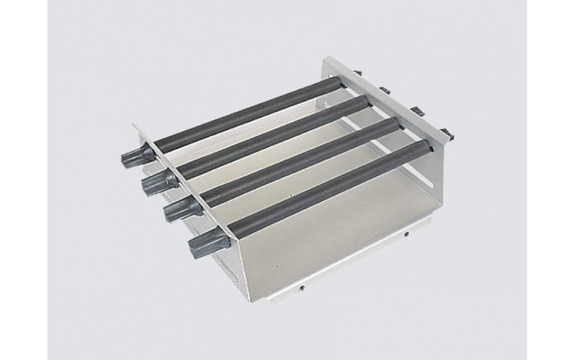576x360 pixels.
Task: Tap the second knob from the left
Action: [153, 184]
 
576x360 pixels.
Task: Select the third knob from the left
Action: [175, 210]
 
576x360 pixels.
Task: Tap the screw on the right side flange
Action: [408, 235]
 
